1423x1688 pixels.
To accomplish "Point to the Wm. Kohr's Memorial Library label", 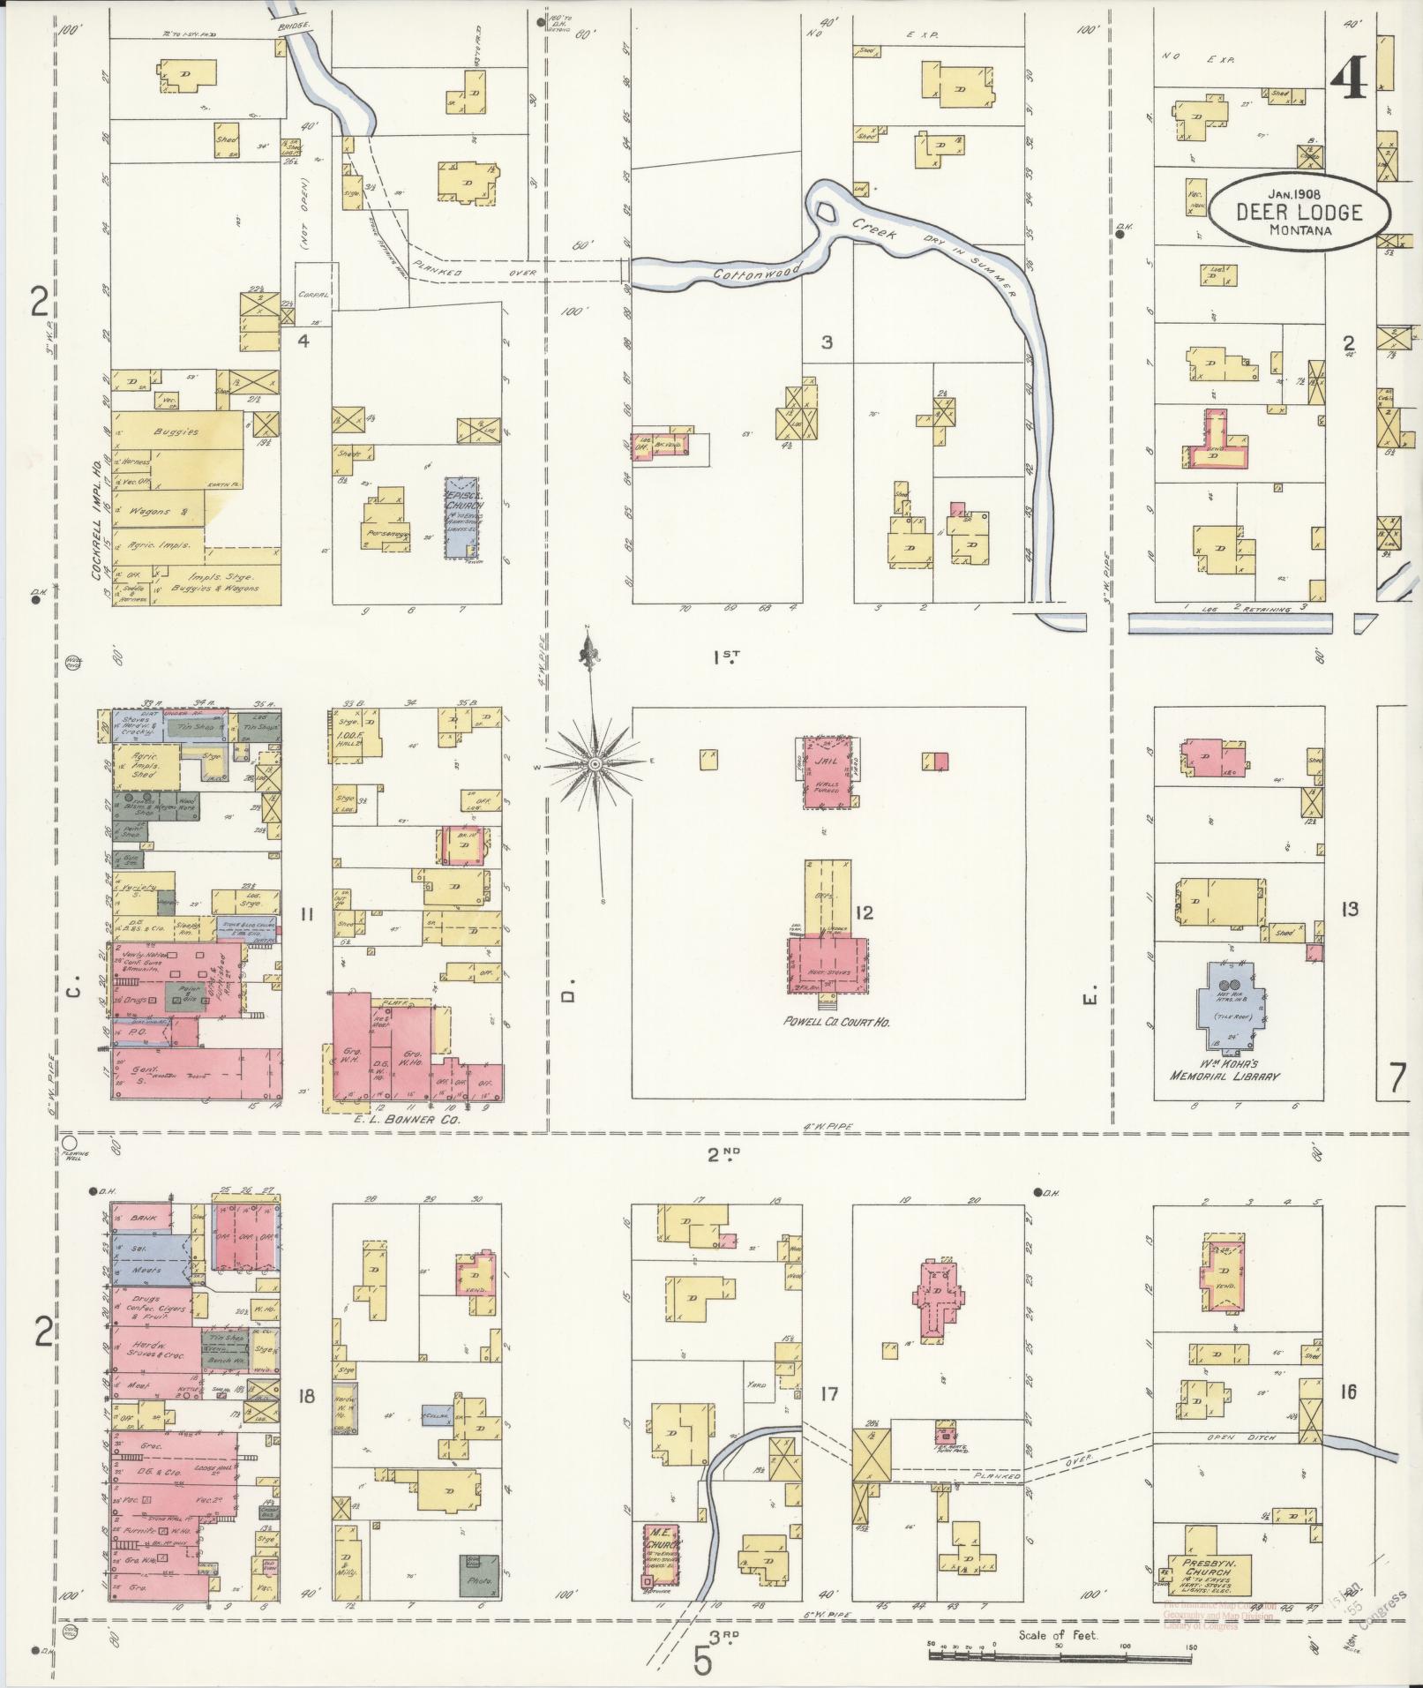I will [x=1224, y=1069].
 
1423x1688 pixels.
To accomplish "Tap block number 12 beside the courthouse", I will [x=863, y=912].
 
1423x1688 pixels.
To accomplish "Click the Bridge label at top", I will [x=293, y=26].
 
